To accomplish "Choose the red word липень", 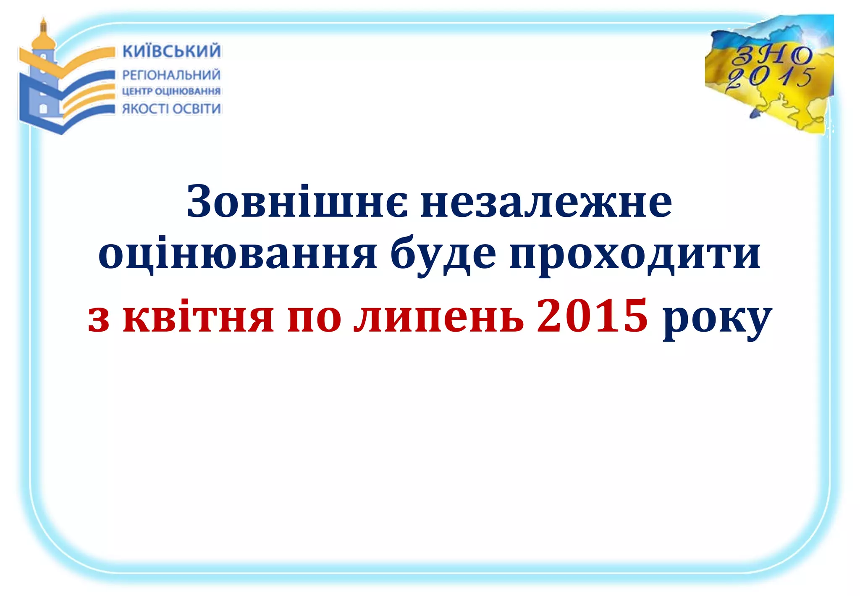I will (x=438, y=318).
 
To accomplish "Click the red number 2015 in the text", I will (x=592, y=315).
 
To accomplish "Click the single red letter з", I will (x=99, y=319).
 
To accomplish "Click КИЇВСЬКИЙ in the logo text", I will (x=171, y=51).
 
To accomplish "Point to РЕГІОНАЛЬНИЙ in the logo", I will (x=171, y=75).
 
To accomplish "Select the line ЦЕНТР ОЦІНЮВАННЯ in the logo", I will (x=171, y=91).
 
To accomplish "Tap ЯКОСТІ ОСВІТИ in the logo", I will (x=171, y=108).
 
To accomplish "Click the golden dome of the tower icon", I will (x=44, y=40).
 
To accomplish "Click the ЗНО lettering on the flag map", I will (x=772, y=55).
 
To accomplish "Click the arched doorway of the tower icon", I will (x=43, y=108).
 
